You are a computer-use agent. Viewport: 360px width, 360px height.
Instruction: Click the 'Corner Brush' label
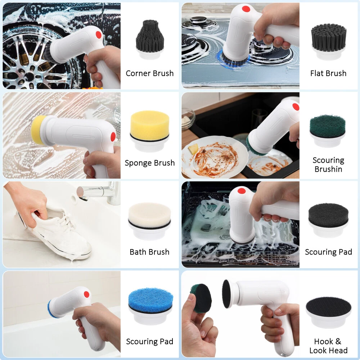coord(150,73)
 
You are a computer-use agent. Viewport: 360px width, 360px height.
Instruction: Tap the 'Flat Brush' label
coord(328,73)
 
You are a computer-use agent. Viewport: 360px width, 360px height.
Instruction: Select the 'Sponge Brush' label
coord(150,163)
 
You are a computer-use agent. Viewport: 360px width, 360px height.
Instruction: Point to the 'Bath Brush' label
coord(149,252)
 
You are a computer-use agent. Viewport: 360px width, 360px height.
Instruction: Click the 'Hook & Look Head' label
coord(328,346)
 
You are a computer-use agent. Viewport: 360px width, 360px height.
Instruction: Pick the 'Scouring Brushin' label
coord(328,165)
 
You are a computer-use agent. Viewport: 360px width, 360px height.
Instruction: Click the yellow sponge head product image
coord(150,131)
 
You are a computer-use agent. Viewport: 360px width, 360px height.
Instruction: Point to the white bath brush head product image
coord(149,221)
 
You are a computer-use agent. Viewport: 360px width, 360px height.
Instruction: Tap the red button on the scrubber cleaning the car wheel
coord(99,35)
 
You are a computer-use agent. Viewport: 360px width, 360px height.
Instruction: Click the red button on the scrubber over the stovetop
coord(246,9)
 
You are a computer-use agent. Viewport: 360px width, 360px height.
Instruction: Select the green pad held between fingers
coord(201,298)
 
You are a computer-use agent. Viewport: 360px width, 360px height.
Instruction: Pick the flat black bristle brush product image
coord(329,42)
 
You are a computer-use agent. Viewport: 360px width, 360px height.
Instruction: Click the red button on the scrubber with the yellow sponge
coord(113,137)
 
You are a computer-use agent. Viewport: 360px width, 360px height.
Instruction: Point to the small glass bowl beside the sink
coord(188,119)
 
